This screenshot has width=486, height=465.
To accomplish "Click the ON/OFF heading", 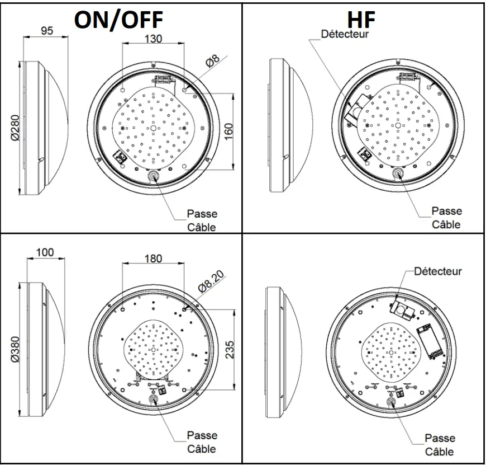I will click(x=118, y=20).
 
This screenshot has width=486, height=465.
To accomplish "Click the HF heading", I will click(x=361, y=20).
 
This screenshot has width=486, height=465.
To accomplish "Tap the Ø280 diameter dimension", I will click(x=13, y=128).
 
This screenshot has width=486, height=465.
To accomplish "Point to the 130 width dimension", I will click(x=153, y=39).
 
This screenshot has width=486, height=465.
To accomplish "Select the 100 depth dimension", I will click(x=45, y=252).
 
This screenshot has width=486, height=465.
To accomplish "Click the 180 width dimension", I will click(x=153, y=259).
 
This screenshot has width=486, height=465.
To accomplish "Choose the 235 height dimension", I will click(x=228, y=349).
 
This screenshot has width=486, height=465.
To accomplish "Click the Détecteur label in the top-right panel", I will click(x=345, y=34).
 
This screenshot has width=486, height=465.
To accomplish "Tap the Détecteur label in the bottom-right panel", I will click(x=438, y=271).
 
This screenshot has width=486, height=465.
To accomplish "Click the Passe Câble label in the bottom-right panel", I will click(x=440, y=444).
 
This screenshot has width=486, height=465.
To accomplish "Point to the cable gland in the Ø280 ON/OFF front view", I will click(x=153, y=176).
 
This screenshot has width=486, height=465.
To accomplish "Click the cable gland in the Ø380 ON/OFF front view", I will click(x=154, y=400).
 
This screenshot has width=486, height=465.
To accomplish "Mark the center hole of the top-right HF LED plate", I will click(x=397, y=125).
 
